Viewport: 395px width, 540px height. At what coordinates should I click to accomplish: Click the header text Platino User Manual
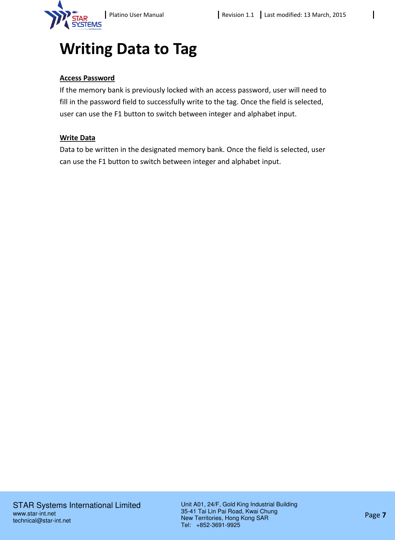coord(136,15)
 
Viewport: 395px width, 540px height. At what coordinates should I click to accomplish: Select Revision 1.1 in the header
coord(238,15)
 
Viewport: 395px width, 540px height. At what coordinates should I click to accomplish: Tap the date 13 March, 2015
coord(325,15)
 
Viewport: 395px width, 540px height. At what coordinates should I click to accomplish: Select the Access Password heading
coord(87,78)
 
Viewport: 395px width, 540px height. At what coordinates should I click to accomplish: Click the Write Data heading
coord(77,138)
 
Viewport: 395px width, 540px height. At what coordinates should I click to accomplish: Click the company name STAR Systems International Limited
coord(77,505)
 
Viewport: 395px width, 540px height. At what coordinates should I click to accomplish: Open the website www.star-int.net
coord(34,514)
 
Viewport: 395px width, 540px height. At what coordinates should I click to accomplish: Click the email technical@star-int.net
coord(42,521)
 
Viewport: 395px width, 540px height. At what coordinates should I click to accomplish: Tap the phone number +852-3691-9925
coord(218,525)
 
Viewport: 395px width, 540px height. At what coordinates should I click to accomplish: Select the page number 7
coord(384,515)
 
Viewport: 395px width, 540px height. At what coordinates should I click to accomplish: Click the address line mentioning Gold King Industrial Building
coord(239,504)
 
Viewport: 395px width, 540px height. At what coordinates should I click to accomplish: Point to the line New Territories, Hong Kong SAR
coord(224,518)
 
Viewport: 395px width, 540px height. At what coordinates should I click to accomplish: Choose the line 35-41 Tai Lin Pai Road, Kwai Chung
coord(229,511)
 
